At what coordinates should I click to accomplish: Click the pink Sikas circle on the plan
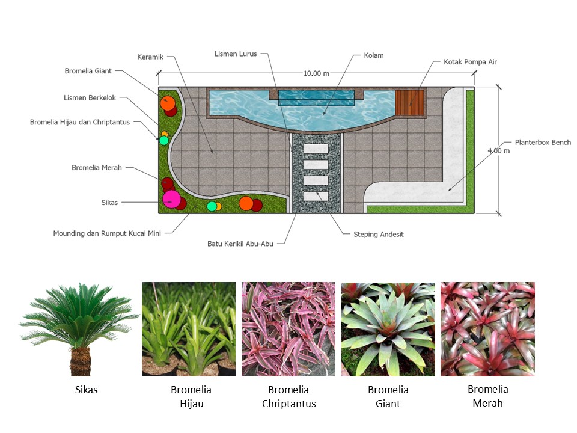pyautogui.click(x=171, y=199)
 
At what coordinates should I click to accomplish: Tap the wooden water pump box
pyautogui.click(x=409, y=103)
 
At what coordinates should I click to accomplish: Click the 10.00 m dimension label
pyautogui.click(x=316, y=73)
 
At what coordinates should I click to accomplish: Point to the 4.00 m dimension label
pyautogui.click(x=499, y=150)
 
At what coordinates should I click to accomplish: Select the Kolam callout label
pyautogui.click(x=373, y=55)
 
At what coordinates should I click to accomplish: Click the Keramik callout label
pyautogui.click(x=150, y=57)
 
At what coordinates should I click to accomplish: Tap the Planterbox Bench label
pyautogui.click(x=543, y=142)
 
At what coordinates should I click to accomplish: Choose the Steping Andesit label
pyautogui.click(x=378, y=234)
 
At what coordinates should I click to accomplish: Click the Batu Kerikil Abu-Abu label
pyautogui.click(x=240, y=244)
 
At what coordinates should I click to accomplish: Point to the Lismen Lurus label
pyautogui.click(x=236, y=54)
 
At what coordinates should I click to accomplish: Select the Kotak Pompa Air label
pyautogui.click(x=470, y=62)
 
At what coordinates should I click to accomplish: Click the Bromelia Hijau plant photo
pyautogui.click(x=189, y=329)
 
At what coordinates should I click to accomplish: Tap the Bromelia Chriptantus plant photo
pyautogui.click(x=288, y=329)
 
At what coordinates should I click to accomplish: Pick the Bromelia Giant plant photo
pyautogui.click(x=388, y=329)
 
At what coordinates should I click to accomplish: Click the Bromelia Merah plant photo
pyautogui.click(x=487, y=329)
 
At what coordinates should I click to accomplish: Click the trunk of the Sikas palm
pyautogui.click(x=81, y=361)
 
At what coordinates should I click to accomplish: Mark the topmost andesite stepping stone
pyautogui.click(x=316, y=149)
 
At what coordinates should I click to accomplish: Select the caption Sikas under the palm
pyautogui.click(x=87, y=390)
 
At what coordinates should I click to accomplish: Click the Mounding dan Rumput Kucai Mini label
pyautogui.click(x=107, y=233)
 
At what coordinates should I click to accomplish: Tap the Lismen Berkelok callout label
pyautogui.click(x=90, y=97)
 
